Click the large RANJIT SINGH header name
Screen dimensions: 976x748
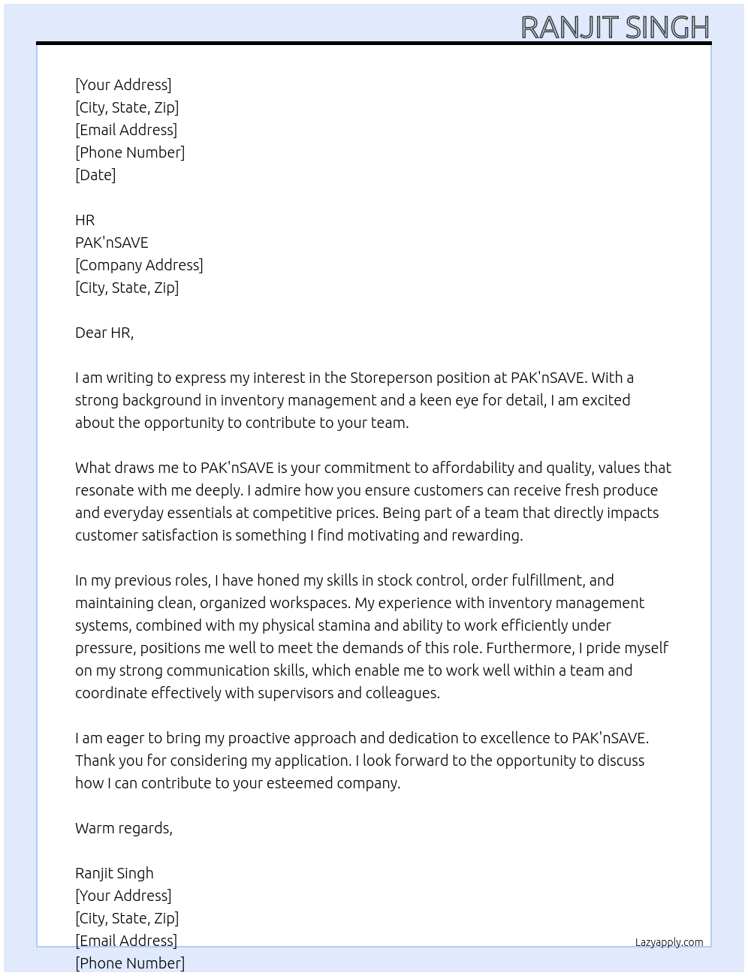pyautogui.click(x=614, y=28)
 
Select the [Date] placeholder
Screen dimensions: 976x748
pyautogui.click(x=95, y=175)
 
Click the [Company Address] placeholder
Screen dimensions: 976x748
pyautogui.click(x=139, y=265)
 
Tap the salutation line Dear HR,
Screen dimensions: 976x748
pyautogui.click(x=104, y=333)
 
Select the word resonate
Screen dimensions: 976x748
pyautogui.click(x=105, y=490)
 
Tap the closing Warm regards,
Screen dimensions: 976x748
pyautogui.click(x=124, y=828)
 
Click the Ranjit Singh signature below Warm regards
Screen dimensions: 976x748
pyautogui.click(x=114, y=873)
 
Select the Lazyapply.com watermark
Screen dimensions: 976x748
pyautogui.click(x=669, y=942)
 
